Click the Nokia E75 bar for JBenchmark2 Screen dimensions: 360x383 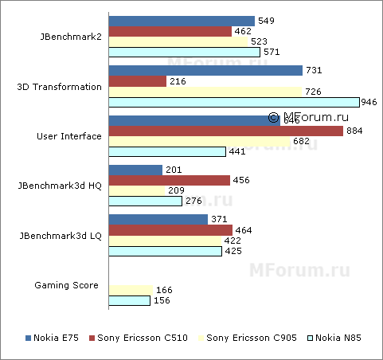coord(182,22)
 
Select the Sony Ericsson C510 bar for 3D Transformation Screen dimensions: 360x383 coord(137,81)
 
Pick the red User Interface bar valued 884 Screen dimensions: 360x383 coord(225,131)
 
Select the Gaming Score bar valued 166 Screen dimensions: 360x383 coord(131,291)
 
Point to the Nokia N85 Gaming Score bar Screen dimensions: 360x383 coord(129,301)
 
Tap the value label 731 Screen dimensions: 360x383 coord(313,71)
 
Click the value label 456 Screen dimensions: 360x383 coord(240,180)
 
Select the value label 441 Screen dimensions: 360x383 coord(236,151)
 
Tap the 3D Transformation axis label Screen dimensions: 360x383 coord(60,87)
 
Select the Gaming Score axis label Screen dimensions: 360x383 coord(68,284)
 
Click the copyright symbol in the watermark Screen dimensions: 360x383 coord(272,117)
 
